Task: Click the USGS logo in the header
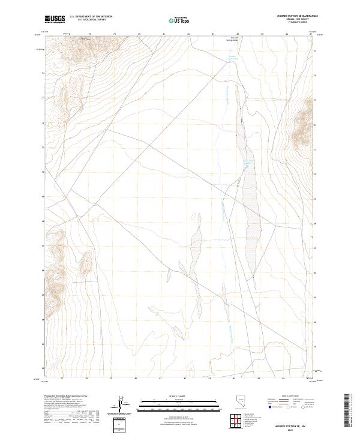tap(55, 19)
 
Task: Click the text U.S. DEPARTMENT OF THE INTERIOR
tap(91, 17)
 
